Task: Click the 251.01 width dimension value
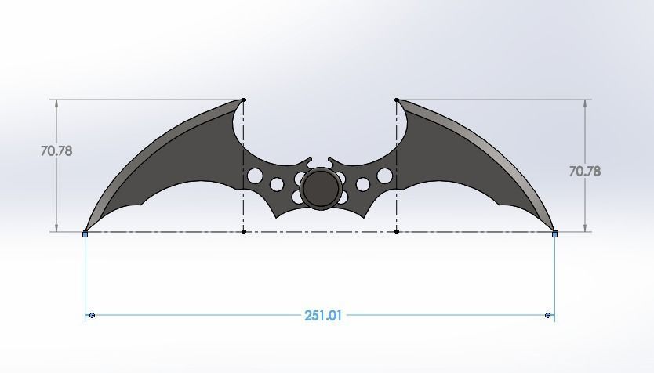point(323,316)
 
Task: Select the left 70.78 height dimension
point(56,150)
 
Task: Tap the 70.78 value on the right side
point(584,170)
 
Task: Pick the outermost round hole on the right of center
point(384,176)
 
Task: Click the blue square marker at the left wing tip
point(85,234)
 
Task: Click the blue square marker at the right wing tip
point(555,234)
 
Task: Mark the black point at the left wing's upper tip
point(244,100)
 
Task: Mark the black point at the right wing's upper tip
point(397,100)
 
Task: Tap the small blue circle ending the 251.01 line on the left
point(93,315)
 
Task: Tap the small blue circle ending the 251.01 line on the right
point(547,315)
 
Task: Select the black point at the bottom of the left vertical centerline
point(244,231)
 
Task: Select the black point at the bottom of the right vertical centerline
point(397,231)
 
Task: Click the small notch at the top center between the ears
point(320,165)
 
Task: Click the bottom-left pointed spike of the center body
point(277,217)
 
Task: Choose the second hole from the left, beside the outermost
point(277,185)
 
